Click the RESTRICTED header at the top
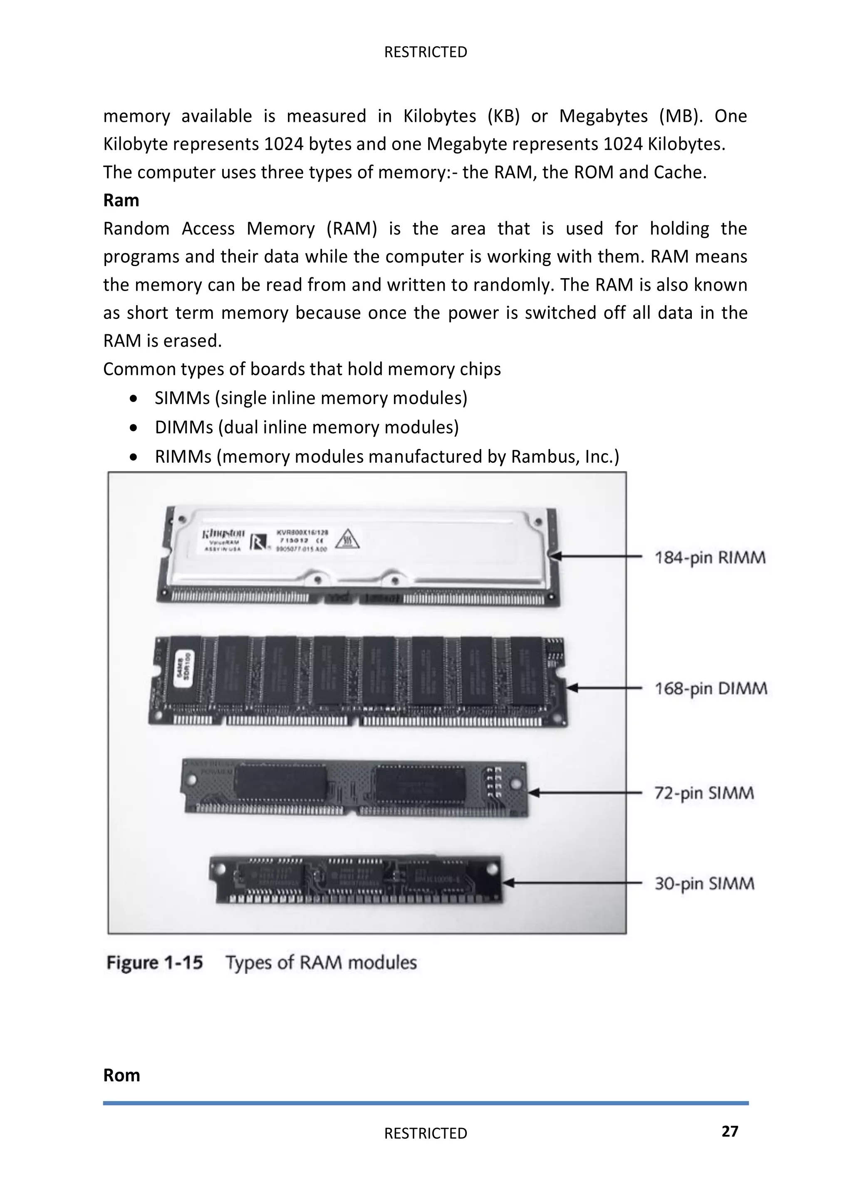(426, 52)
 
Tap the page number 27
(730, 1131)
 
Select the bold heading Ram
(121, 200)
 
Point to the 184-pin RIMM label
(710, 557)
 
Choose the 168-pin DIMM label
(711, 688)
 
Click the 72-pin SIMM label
(704, 793)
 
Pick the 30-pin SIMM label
(704, 883)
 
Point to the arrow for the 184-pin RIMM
(598, 556)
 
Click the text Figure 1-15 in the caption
(154, 963)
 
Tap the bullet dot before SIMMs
(135, 399)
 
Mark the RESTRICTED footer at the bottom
(426, 1133)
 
